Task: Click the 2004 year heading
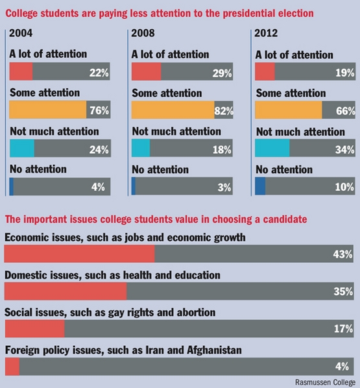22,33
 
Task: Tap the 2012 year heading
267,33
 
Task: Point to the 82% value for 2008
223,110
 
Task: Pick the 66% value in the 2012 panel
344,110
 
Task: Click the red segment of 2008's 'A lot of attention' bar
146,71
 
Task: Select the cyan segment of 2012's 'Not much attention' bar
272,149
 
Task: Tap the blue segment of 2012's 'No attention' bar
260,187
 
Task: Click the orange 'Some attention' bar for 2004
48,110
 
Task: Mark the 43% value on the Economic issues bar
342,254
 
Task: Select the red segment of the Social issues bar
34,329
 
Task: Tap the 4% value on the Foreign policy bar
345,366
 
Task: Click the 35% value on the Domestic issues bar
342,291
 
